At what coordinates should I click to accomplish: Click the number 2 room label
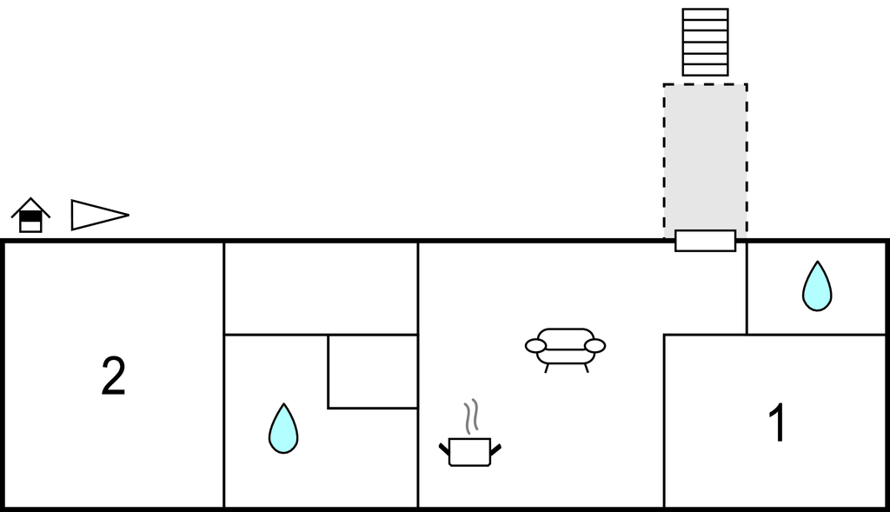[x=114, y=376]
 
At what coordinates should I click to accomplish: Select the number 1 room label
[x=778, y=422]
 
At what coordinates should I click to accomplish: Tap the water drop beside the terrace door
[x=817, y=286]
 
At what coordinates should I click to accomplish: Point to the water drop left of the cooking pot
[x=283, y=429]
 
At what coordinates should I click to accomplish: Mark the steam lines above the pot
[x=472, y=416]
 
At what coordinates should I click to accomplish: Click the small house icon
[x=30, y=215]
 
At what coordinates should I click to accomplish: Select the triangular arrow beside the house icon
[x=100, y=215]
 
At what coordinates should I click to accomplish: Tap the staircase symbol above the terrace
[x=705, y=42]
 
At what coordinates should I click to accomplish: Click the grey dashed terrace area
[x=705, y=157]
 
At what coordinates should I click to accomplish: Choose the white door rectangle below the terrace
[x=705, y=241]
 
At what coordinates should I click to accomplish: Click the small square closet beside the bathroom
[x=373, y=371]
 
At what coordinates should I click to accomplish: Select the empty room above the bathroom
[x=322, y=289]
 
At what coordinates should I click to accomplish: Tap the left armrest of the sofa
[x=535, y=345]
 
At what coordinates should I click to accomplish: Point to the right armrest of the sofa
[x=594, y=345]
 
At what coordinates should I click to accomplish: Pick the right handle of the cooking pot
[x=495, y=450]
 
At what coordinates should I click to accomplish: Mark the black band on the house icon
[x=30, y=216]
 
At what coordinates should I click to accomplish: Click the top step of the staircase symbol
[x=705, y=14]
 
